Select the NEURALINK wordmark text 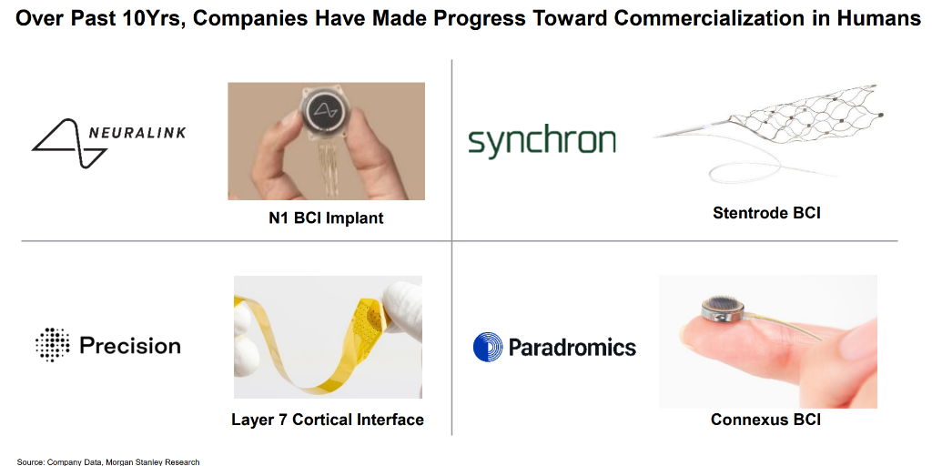(137, 133)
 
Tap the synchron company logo (542, 142)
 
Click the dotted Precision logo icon (52, 345)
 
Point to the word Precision (130, 346)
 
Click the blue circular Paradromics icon (488, 347)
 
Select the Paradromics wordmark (572, 347)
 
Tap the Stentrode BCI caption (766, 213)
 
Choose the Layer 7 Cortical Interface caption (327, 420)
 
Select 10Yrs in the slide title (162, 18)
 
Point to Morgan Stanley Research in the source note (156, 461)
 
